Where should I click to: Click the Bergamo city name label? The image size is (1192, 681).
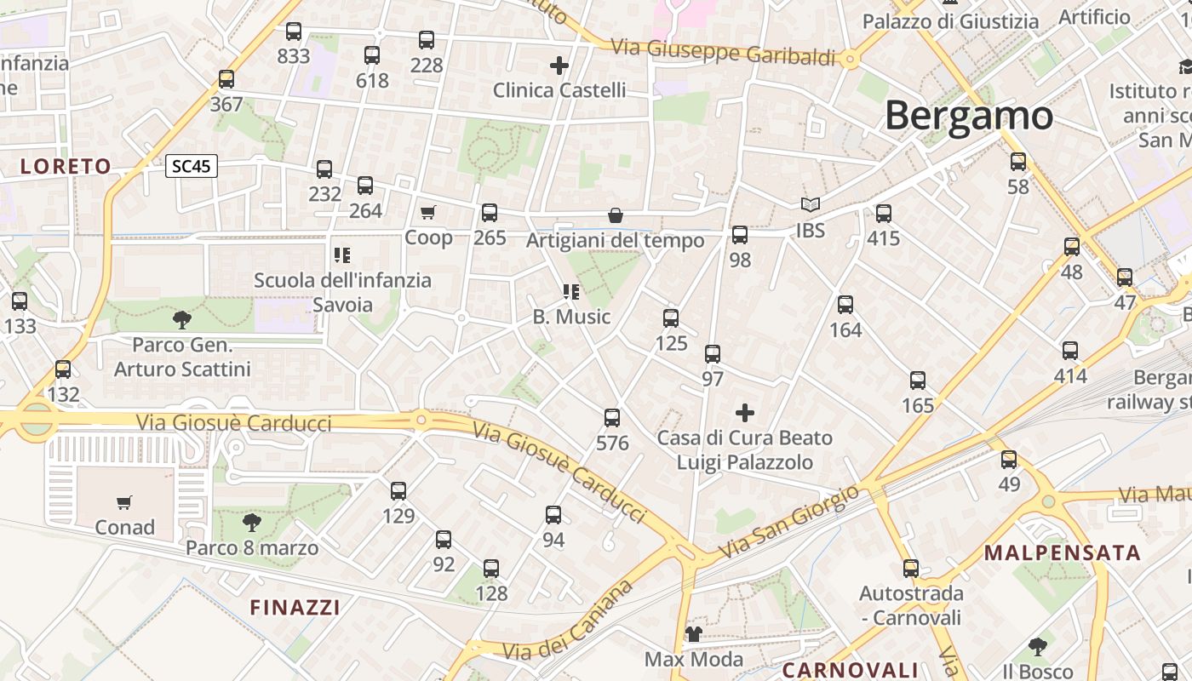point(969,115)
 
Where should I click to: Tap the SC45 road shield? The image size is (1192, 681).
point(191,166)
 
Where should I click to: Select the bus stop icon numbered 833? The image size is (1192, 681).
point(294,32)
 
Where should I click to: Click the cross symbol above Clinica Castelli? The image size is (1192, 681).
point(559,65)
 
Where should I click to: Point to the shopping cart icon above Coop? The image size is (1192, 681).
point(427,212)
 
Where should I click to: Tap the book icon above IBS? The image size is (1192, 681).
point(811,205)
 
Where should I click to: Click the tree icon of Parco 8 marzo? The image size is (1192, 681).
point(251,522)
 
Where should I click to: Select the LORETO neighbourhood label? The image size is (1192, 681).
point(66,167)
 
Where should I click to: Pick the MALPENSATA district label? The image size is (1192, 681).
point(1062,553)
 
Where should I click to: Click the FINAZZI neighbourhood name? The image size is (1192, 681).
point(295,607)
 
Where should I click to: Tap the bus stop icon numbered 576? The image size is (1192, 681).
point(612,418)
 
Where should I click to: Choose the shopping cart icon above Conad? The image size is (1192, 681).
point(124,502)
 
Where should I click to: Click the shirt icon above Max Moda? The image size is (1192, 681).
point(694,634)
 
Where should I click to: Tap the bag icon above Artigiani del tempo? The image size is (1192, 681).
point(615,215)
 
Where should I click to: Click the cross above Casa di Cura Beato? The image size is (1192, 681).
point(745,414)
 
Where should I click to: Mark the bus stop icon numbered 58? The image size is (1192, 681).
point(1018,162)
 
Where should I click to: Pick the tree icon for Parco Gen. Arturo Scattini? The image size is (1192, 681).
point(181,320)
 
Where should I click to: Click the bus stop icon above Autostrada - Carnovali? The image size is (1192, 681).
point(911,569)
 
